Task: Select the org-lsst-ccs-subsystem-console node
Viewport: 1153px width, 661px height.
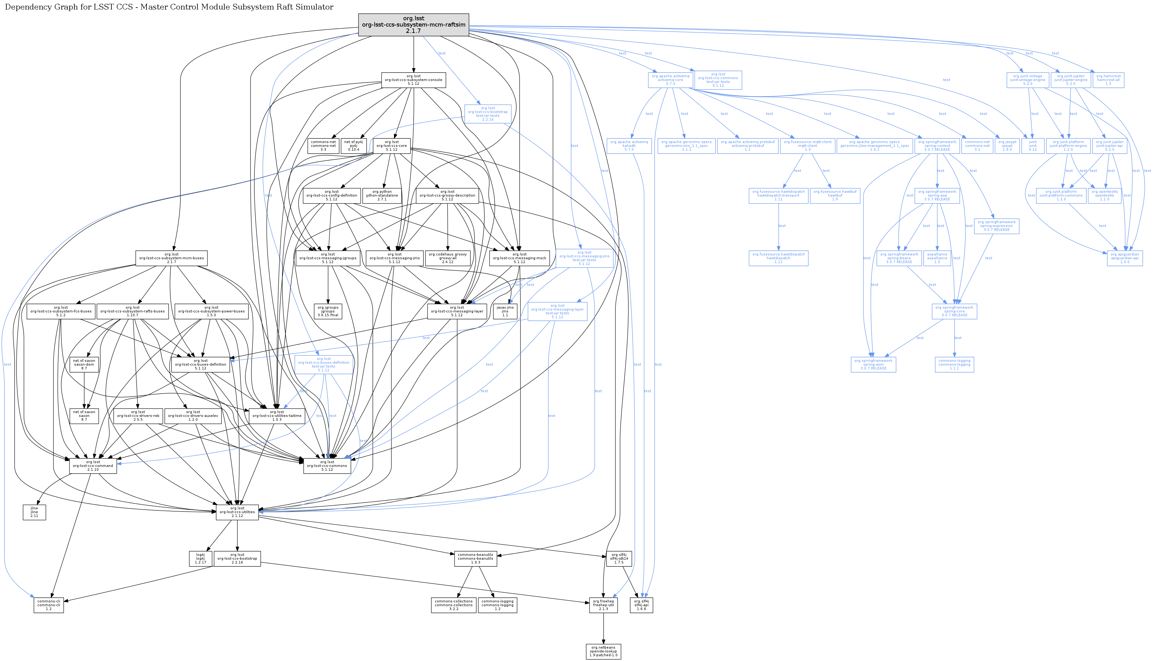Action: click(x=413, y=80)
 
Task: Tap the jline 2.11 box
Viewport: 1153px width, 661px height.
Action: click(x=34, y=512)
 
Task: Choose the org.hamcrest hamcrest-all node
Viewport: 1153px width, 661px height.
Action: click(x=1108, y=80)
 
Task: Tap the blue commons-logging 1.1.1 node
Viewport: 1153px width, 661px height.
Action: click(x=954, y=365)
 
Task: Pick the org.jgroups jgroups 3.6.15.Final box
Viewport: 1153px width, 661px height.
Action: click(x=327, y=312)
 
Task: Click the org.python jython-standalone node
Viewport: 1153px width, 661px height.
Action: click(x=382, y=196)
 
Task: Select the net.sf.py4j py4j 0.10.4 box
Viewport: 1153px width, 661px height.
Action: click(x=353, y=146)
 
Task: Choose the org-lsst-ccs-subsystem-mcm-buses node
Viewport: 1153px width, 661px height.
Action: click(x=171, y=258)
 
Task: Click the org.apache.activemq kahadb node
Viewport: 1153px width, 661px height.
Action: click(x=629, y=146)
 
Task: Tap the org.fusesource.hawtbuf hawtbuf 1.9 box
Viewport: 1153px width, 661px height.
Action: click(x=834, y=196)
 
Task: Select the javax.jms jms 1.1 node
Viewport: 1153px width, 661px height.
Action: click(x=505, y=312)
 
